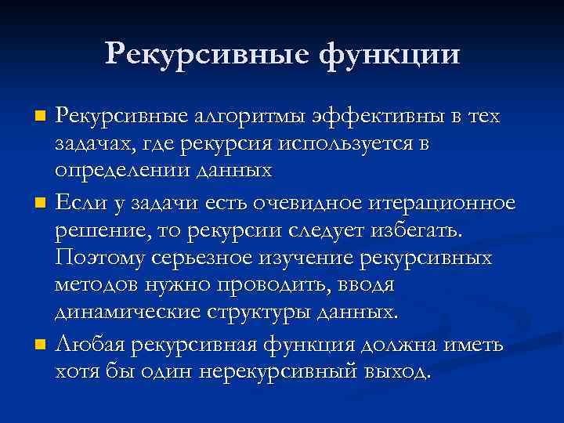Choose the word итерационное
[444, 204]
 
